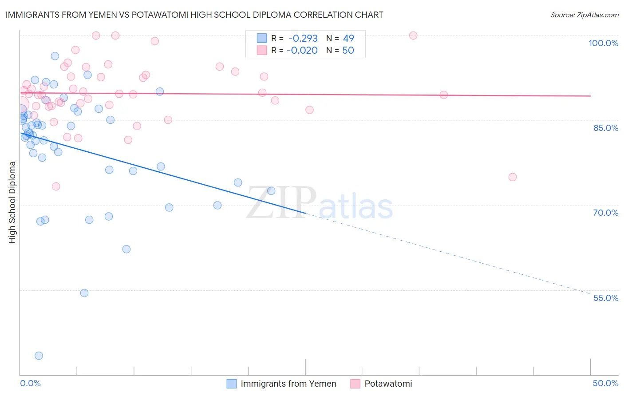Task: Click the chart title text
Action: (x=194, y=15)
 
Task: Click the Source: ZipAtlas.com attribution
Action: (x=584, y=15)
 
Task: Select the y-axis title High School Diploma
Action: (x=12, y=202)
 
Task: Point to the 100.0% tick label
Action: (x=603, y=43)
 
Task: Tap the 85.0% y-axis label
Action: (x=605, y=128)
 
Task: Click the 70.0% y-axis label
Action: (x=605, y=213)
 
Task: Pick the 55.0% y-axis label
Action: (x=605, y=298)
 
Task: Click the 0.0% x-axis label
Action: (x=30, y=383)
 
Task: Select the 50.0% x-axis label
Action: (x=605, y=383)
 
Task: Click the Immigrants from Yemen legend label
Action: (x=288, y=384)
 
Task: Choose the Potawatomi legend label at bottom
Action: (x=388, y=384)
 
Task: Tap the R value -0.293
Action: (x=303, y=39)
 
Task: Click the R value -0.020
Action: (x=302, y=51)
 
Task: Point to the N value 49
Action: (x=348, y=39)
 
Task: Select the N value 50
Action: (x=348, y=51)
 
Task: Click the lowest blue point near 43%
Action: (x=39, y=356)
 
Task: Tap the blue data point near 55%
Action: (x=84, y=293)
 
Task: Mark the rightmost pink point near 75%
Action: (x=512, y=177)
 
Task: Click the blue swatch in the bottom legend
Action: (x=231, y=384)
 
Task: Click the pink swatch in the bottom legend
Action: (x=355, y=384)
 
